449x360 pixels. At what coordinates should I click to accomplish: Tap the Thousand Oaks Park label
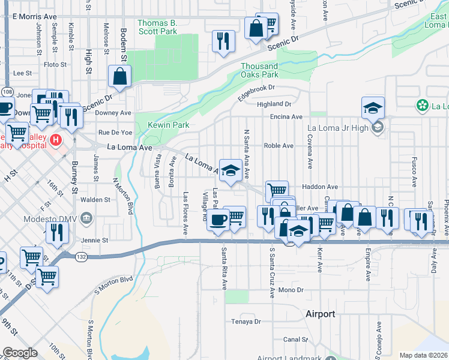(259, 70)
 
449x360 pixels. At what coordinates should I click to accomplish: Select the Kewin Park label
(169, 125)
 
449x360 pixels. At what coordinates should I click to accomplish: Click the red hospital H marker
(56, 140)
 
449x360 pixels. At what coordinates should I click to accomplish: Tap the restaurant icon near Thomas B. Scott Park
(224, 41)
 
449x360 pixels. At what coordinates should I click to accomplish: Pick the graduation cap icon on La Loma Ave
(231, 170)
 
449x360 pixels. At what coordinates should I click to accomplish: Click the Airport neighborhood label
(320, 314)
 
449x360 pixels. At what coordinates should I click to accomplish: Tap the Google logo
(20, 353)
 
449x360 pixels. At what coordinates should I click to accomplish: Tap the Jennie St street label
(96, 240)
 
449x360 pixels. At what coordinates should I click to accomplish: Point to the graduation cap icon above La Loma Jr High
(373, 108)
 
